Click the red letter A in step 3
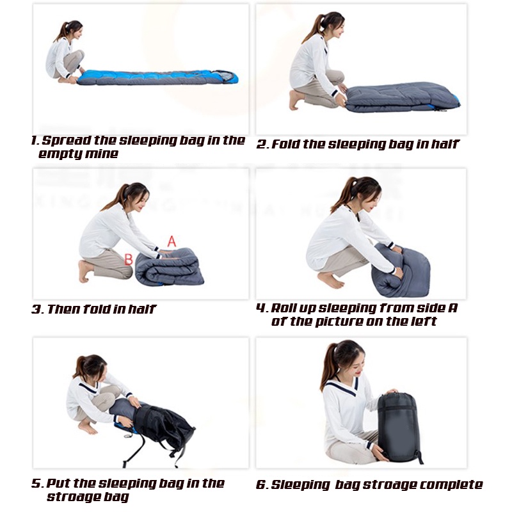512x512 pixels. [172, 241]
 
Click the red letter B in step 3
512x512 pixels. [128, 259]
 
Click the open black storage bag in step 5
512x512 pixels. [160, 426]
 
